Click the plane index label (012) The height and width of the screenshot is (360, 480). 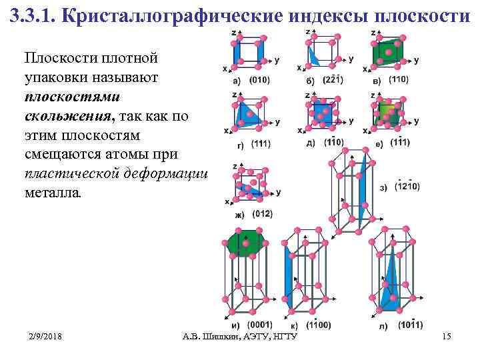(262, 213)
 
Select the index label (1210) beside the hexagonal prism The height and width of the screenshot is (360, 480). (407, 187)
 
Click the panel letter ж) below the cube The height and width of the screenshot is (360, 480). (239, 214)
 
